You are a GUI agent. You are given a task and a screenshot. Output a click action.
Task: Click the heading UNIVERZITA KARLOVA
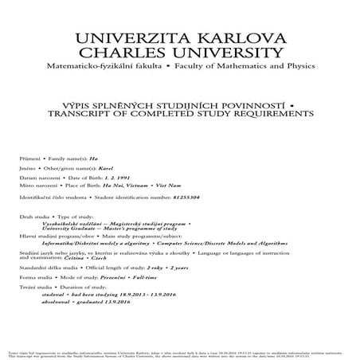[x=180, y=38]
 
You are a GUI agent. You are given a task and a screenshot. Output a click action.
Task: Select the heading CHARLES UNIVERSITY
[x=180, y=53]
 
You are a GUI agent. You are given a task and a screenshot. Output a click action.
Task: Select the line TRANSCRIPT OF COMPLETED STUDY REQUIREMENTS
[x=180, y=113]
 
